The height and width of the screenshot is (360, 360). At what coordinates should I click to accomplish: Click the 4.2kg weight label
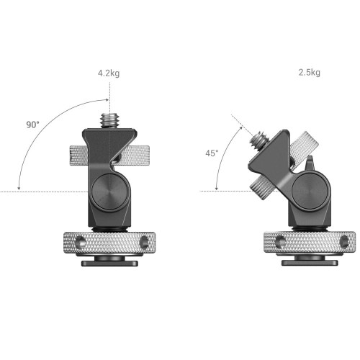click(x=109, y=73)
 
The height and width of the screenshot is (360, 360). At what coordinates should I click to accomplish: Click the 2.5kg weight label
click(x=309, y=72)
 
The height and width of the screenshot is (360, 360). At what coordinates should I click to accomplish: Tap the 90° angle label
click(x=32, y=125)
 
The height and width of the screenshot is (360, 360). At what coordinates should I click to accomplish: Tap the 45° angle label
click(x=212, y=153)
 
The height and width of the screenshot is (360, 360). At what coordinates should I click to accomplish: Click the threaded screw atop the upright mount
click(x=109, y=121)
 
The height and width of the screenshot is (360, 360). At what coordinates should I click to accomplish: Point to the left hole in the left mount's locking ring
click(x=81, y=242)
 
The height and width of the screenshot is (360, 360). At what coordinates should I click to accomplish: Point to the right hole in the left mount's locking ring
click(x=144, y=242)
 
